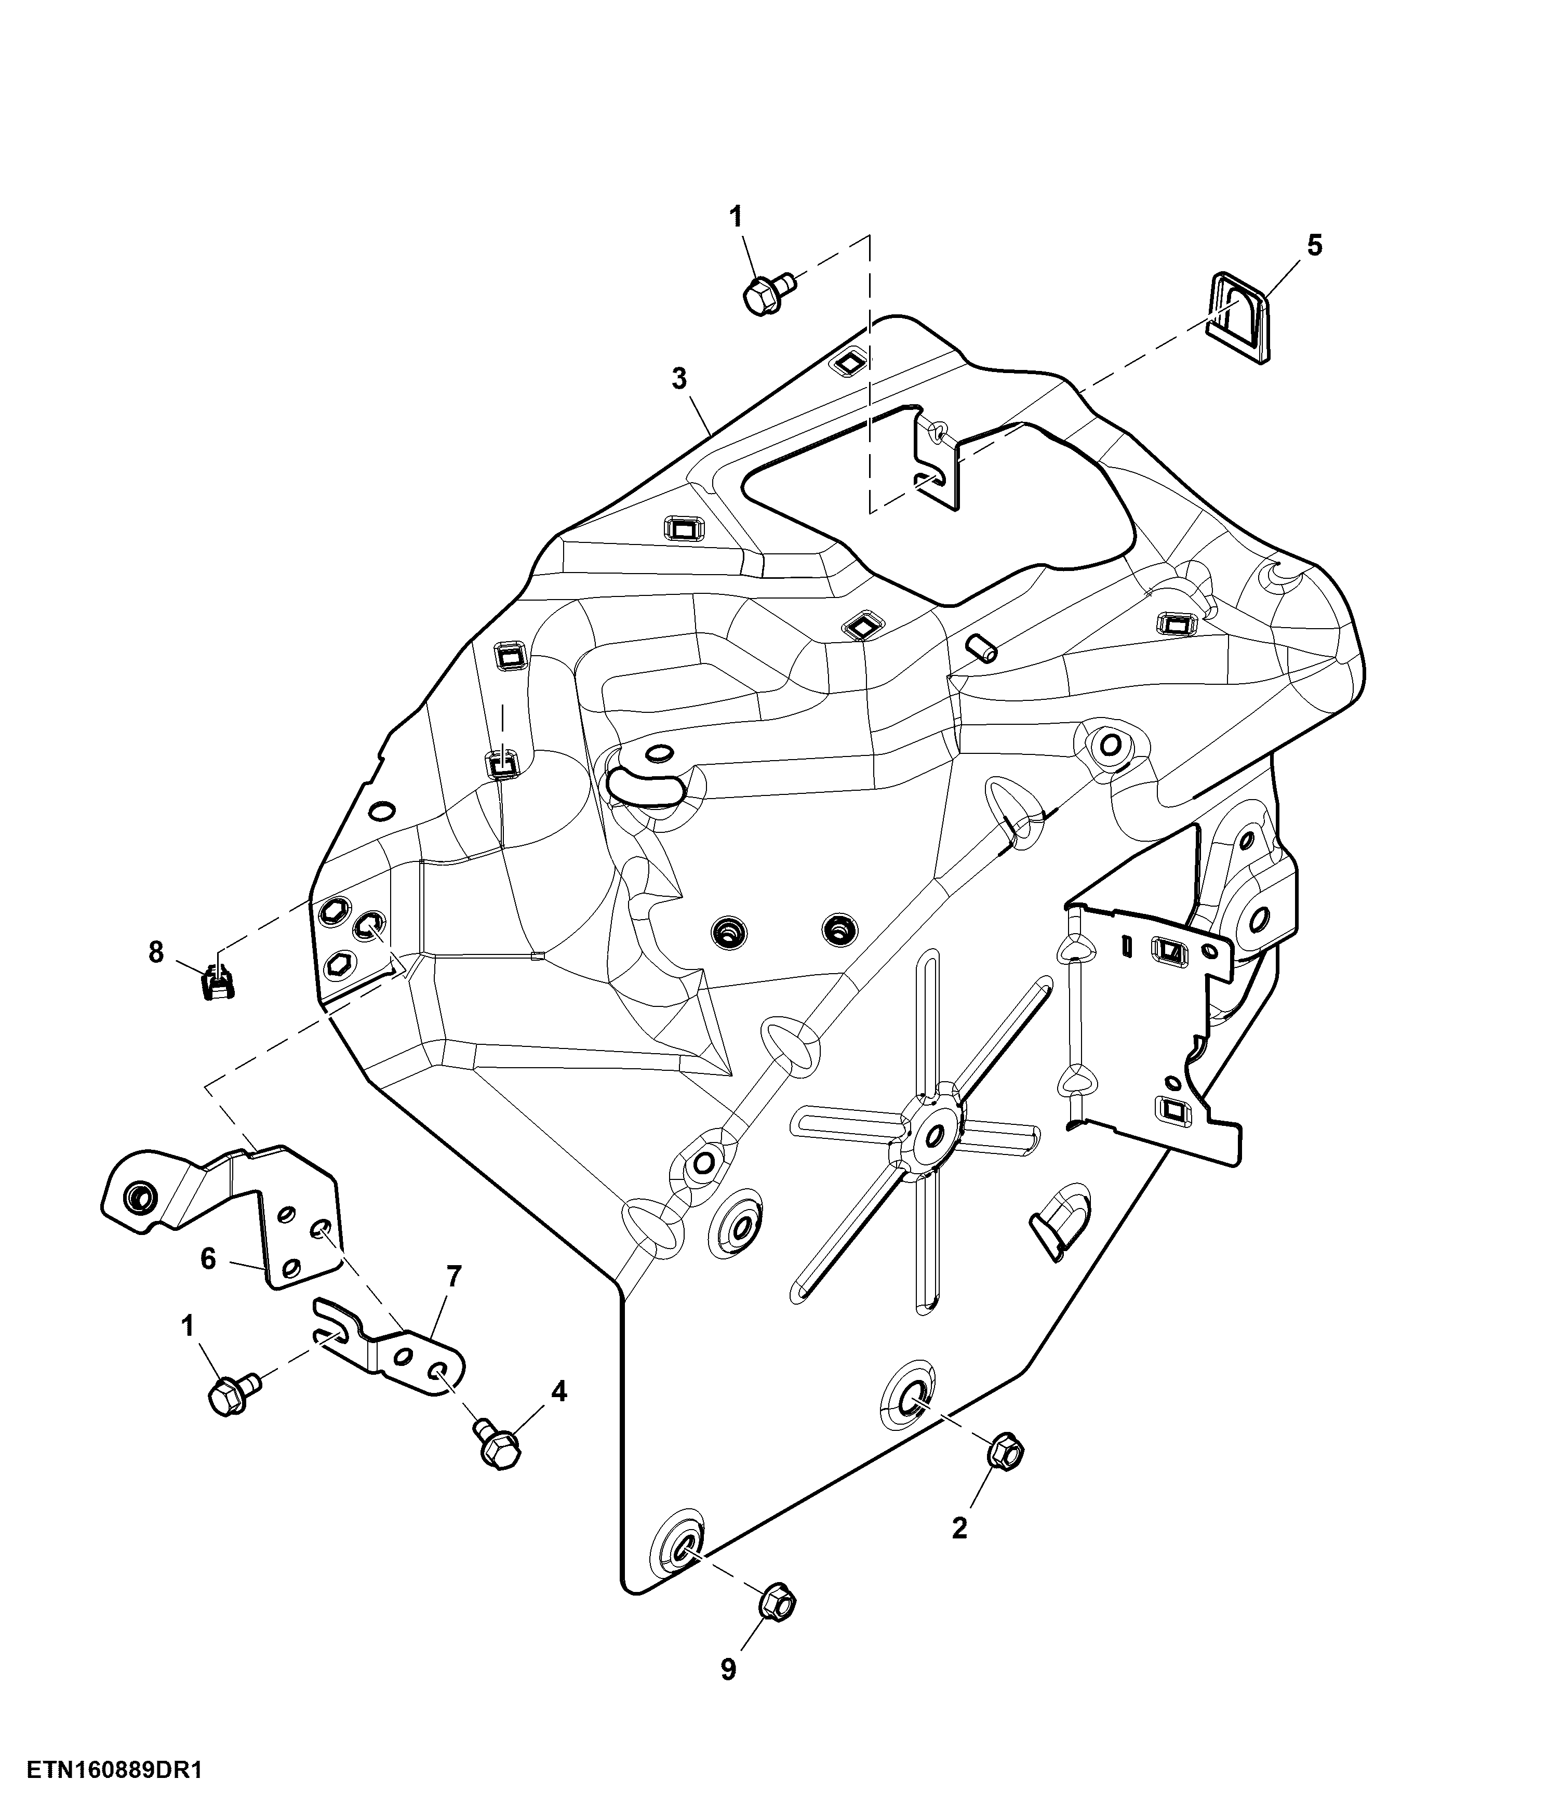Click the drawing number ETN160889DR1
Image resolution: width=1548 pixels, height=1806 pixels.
coord(114,1770)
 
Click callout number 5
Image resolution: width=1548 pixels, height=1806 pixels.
coord(1314,246)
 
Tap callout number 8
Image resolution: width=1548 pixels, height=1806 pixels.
coord(156,953)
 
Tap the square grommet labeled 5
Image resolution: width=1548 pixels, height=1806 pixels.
coord(1238,316)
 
